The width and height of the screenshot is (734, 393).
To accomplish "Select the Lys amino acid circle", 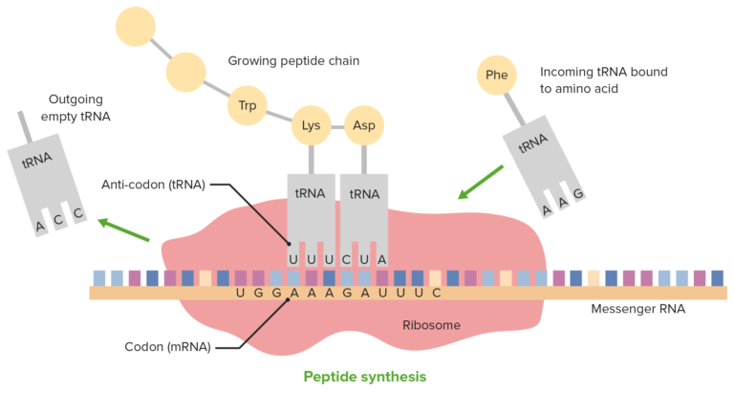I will [311, 125].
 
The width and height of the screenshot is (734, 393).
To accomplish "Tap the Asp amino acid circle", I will [364, 125].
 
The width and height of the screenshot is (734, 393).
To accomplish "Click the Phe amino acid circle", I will [496, 75].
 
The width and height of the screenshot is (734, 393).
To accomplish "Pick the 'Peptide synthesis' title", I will [365, 376].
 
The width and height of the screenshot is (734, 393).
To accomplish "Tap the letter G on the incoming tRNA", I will [578, 193].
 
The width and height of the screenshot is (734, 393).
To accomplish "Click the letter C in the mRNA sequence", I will [435, 293].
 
